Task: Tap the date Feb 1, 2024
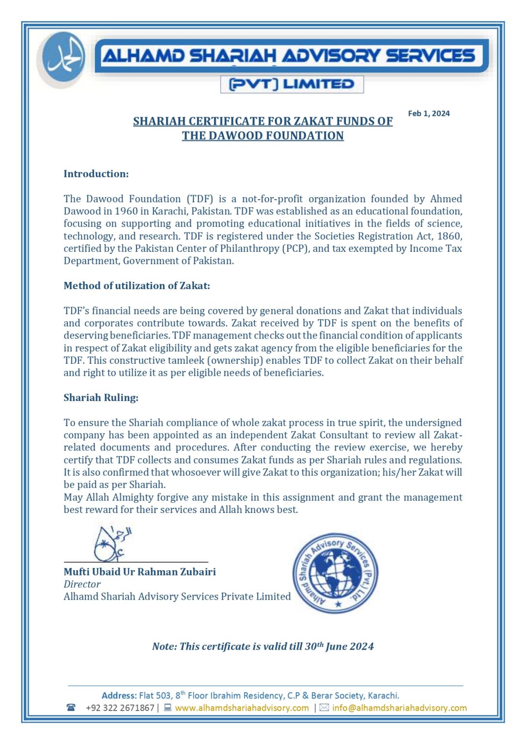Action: (429, 113)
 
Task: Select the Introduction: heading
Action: (96, 174)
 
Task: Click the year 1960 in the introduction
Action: (126, 211)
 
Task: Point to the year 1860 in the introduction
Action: (449, 236)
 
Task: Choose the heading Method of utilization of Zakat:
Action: (137, 286)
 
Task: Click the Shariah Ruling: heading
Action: (101, 398)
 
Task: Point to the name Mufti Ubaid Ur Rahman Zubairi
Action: (139, 572)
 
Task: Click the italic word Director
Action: (82, 584)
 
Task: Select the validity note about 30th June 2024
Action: (263, 646)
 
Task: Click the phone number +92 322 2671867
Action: (120, 708)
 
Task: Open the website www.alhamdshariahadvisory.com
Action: (242, 708)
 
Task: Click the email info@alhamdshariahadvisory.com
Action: (399, 708)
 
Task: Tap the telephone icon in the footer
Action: (71, 708)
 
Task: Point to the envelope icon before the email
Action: (324, 708)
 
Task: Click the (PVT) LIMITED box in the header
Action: (292, 84)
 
